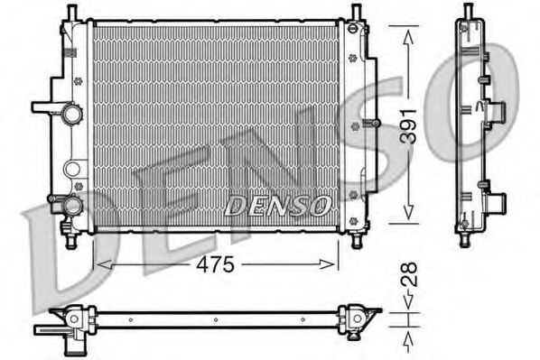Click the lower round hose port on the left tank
click(71, 207)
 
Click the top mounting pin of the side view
click(468, 11)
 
